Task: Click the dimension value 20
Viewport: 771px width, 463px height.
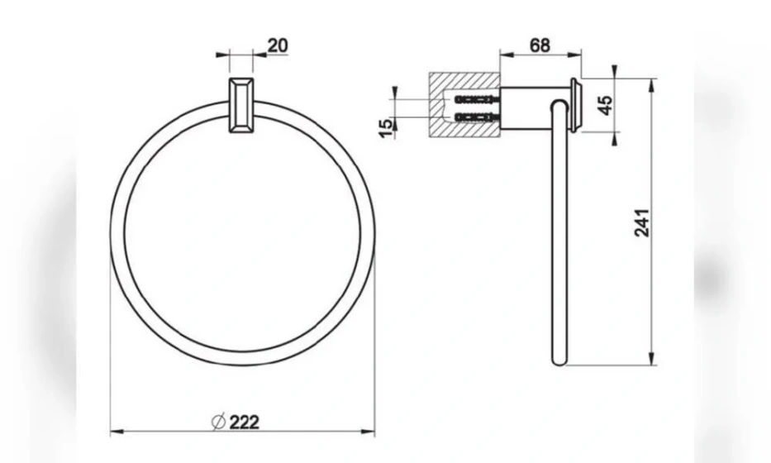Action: coord(278,45)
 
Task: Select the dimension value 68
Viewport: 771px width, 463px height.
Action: coord(540,45)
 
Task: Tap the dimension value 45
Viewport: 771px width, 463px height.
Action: coord(607,105)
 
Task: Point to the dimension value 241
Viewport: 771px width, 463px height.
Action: coord(642,223)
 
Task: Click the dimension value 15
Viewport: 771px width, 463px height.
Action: coord(387,128)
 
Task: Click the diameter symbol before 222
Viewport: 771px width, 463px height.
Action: coord(218,422)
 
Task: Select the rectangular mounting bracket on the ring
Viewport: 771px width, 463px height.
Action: coord(241,105)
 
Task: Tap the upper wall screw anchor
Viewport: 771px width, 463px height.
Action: coord(478,100)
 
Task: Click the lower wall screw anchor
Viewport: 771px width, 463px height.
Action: coord(478,117)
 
